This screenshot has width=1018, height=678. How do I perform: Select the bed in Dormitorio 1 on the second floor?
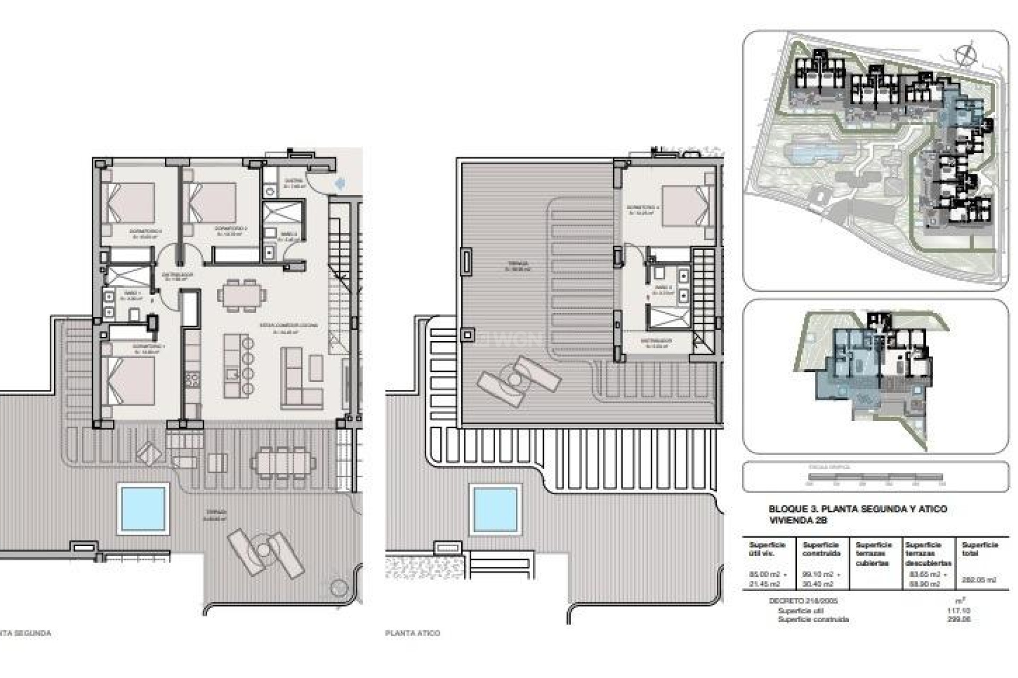point(130,381)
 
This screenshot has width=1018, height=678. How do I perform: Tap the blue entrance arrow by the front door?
point(339,183)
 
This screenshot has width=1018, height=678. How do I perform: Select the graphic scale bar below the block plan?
point(874,477)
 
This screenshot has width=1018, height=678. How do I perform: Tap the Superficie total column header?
point(980,549)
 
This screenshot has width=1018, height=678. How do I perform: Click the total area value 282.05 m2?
point(979,579)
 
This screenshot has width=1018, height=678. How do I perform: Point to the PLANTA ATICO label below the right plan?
point(413,633)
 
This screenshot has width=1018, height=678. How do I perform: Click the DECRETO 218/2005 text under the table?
point(795,601)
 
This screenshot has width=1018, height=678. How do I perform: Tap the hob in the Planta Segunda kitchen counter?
point(192,379)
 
